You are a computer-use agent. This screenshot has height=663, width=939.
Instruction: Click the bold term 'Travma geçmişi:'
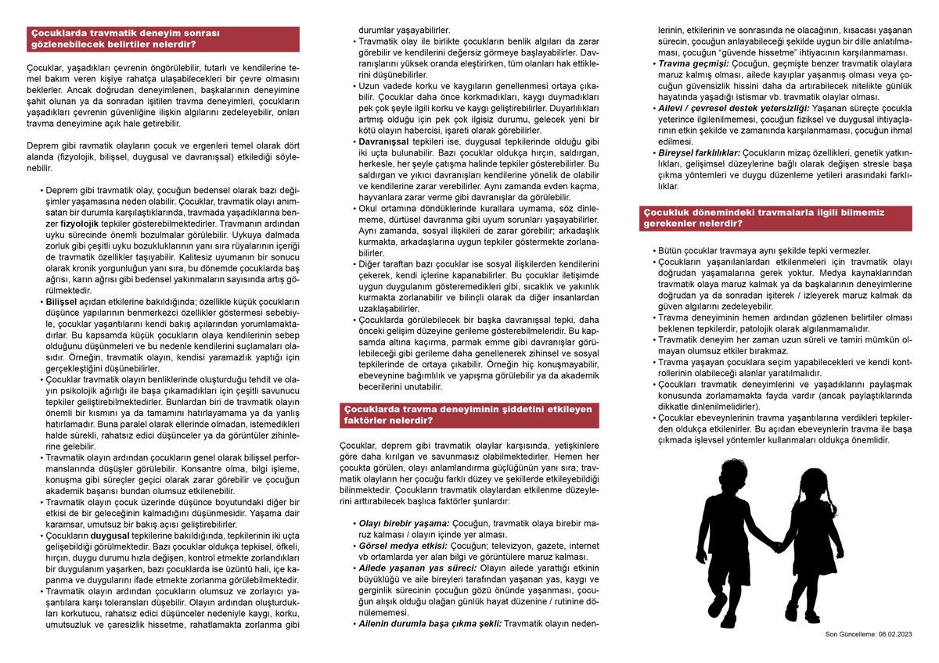click(x=693, y=63)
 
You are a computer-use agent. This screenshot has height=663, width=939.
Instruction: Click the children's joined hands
click(x=779, y=547)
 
